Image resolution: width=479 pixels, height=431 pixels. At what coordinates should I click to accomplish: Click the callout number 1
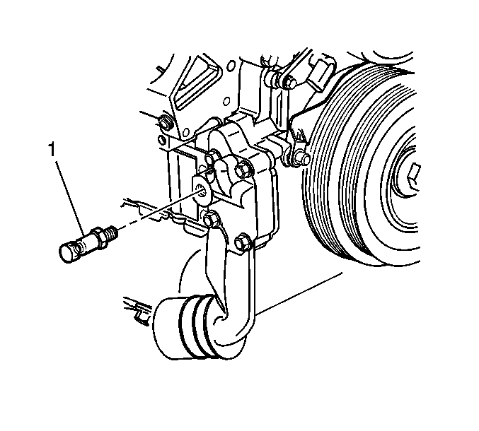click(52, 150)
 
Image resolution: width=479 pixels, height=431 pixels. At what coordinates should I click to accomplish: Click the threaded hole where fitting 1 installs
click(202, 191)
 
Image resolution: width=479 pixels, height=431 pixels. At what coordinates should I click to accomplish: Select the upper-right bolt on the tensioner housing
click(243, 170)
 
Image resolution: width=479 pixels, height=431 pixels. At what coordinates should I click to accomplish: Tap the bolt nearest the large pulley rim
click(302, 159)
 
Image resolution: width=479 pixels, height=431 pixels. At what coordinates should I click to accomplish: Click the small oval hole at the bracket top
click(231, 65)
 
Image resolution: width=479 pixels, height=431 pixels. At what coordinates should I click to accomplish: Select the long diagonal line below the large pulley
click(299, 293)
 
